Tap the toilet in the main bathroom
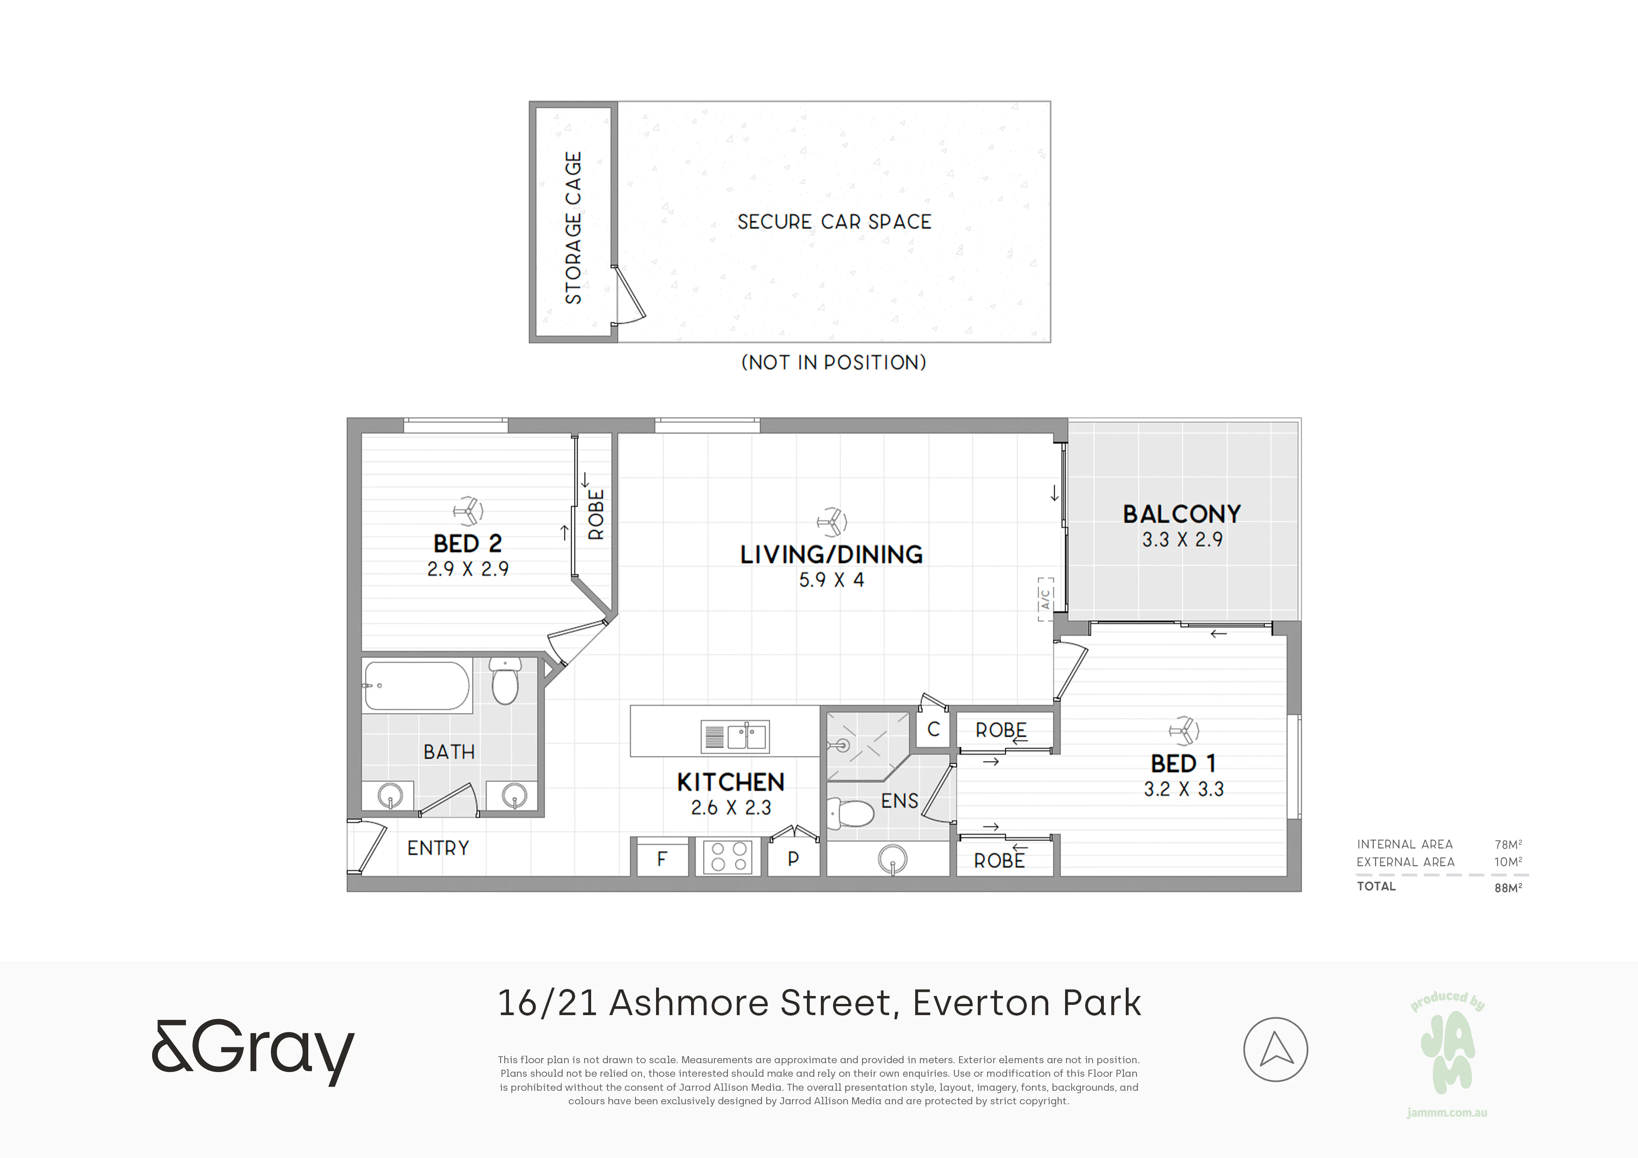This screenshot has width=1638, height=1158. coord(505,681)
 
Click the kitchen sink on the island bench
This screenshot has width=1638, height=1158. coord(735,736)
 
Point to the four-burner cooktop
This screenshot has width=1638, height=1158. coord(727,857)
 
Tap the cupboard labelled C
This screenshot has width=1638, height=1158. coord(933,729)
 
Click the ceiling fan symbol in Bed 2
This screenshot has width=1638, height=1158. coord(468,510)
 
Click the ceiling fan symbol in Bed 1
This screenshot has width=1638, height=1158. coord(1184,731)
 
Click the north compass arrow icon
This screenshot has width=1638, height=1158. coord(1276,1050)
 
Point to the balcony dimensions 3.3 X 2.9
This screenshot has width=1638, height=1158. coord(1182,539)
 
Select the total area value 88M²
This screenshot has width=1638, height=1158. coord(1508,888)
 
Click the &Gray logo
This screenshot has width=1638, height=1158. coord(253,1051)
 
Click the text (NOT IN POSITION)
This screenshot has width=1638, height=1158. coord(834,362)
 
